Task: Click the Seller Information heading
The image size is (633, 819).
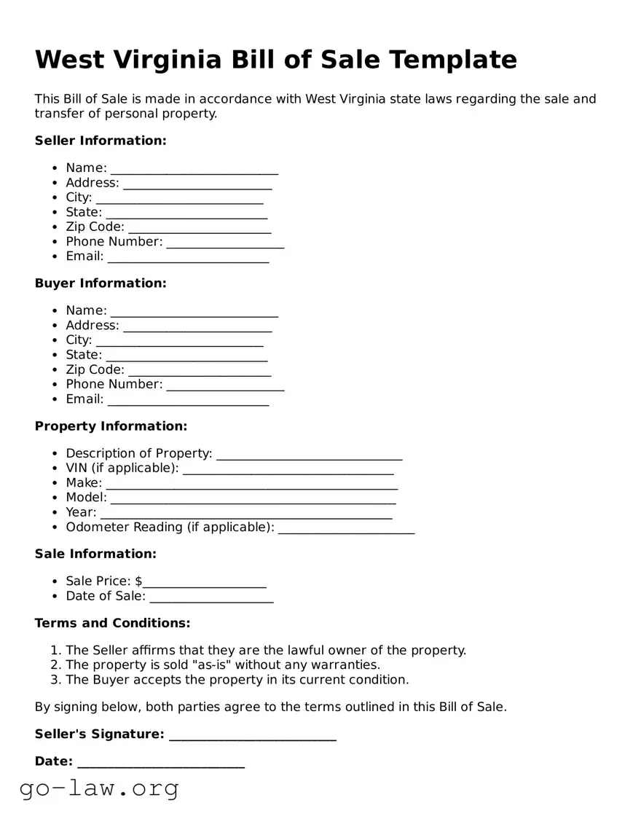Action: point(101,141)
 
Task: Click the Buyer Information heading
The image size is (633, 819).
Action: point(101,283)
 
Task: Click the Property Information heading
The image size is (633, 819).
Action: point(111,426)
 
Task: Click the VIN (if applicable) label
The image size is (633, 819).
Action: point(122,468)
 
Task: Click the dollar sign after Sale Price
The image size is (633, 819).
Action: point(138,581)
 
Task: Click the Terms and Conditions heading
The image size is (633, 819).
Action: point(112,624)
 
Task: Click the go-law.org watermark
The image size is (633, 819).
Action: point(99,788)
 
